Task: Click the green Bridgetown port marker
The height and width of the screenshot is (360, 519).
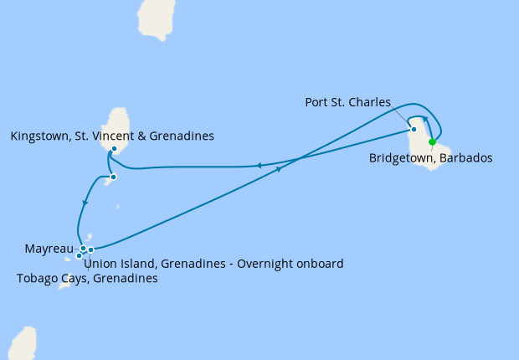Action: tap(432, 141)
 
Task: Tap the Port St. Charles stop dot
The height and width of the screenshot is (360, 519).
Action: tap(414, 129)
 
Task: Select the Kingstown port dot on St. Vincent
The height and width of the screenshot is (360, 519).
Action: tap(113, 149)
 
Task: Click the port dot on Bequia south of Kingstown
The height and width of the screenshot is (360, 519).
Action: tap(113, 177)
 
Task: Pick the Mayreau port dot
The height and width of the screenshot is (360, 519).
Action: tap(83, 248)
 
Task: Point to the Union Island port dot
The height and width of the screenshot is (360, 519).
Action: tap(90, 249)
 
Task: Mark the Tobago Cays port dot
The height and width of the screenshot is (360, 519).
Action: tap(79, 255)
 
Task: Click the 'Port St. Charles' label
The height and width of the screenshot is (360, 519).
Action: tap(347, 102)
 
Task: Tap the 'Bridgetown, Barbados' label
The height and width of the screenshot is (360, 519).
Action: tap(430, 157)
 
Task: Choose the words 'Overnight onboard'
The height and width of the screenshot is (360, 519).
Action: tap(290, 264)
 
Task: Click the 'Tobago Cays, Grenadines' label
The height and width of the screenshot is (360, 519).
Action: tap(87, 279)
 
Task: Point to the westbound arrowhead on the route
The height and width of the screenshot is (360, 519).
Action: tap(259, 166)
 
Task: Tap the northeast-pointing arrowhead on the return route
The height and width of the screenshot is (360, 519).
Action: tap(278, 168)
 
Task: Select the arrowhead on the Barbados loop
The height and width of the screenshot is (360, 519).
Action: tap(425, 120)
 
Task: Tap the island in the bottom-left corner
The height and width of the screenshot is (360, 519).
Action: tap(23, 345)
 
